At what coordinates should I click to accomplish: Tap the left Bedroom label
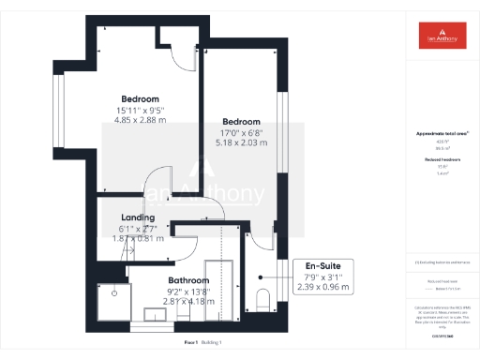[x=140, y=99]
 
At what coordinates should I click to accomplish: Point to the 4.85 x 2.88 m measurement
[x=140, y=120]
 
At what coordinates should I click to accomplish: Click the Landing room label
[x=138, y=217]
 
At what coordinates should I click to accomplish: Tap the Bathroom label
[x=188, y=280]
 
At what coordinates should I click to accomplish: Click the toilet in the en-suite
[x=263, y=301]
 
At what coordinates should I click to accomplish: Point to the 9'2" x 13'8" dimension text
[x=188, y=292]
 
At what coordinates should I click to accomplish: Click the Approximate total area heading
[x=441, y=134]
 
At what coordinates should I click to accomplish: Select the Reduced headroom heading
[x=441, y=160]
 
